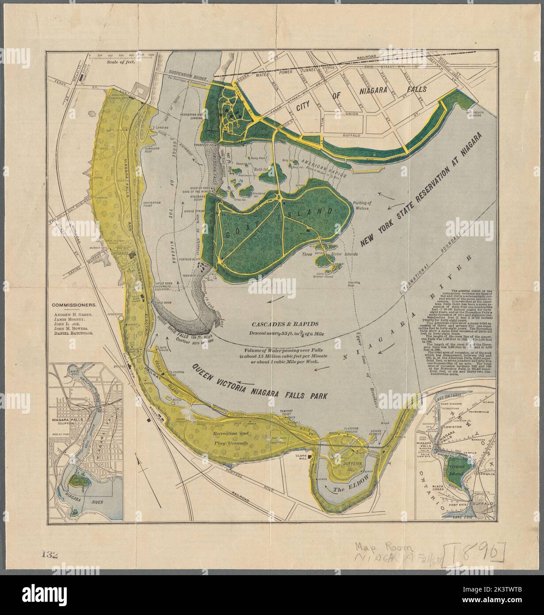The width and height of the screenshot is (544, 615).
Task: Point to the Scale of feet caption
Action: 120,62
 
